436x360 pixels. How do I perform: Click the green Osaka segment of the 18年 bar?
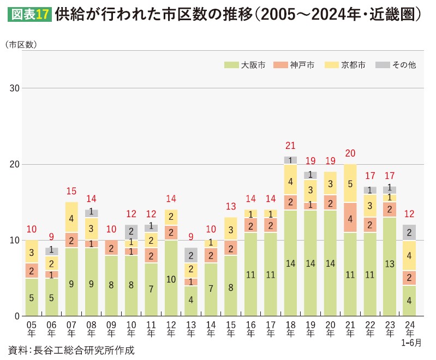pos(291,263)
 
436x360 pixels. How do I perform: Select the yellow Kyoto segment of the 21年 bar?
pos(350,183)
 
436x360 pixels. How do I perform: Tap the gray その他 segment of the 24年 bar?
pos(409,232)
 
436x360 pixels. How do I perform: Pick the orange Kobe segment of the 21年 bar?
pos(350,218)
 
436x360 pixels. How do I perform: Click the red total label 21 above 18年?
pos(291,146)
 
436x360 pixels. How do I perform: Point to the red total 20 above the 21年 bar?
pos(350,154)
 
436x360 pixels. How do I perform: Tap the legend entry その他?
pos(396,65)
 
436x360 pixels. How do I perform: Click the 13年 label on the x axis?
pos(191,328)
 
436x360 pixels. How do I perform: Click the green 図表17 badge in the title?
pos(29,15)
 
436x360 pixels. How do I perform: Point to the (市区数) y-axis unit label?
pos(21,45)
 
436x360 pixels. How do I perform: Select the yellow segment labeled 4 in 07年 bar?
pos(71,218)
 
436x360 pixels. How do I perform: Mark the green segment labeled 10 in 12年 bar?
pos(171,278)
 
